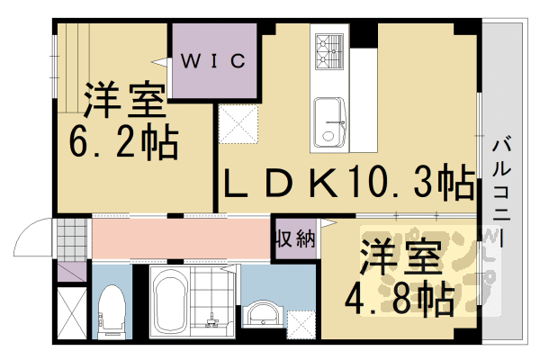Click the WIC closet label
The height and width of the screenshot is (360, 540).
pyautogui.click(x=214, y=61)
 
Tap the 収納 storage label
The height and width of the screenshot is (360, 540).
pyautogui.click(x=294, y=238)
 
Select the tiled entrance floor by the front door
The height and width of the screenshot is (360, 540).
pyautogui.click(x=71, y=238)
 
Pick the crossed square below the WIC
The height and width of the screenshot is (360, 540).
pyautogui.click(x=238, y=122)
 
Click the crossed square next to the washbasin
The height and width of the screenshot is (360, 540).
pyautogui.click(x=301, y=322)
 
